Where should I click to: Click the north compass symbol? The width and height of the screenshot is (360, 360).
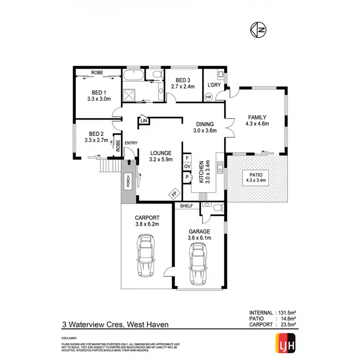[258, 30]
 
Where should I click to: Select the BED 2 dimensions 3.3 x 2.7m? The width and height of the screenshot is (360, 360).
[96, 140]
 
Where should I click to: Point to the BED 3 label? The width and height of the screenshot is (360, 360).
[183, 81]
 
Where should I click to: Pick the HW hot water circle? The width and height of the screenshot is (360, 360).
[208, 96]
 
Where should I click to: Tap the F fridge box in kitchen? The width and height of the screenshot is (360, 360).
[186, 157]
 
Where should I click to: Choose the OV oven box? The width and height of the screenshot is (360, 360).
[186, 167]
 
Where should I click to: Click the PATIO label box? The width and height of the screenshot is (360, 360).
[257, 178]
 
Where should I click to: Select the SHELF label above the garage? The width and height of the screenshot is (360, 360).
[186, 206]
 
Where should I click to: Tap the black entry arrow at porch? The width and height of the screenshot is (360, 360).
[128, 163]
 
